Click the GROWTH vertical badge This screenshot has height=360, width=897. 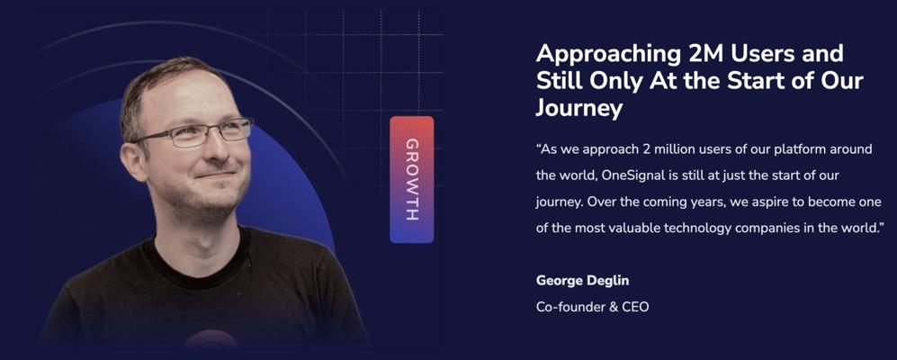(411, 179)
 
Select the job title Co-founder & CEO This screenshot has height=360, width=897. (593, 307)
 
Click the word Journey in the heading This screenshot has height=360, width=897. (579, 107)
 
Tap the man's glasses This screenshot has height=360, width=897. (192, 132)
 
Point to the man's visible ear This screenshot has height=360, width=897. (134, 162)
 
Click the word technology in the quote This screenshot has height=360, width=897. (698, 229)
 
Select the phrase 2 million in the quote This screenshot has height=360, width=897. (652, 148)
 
